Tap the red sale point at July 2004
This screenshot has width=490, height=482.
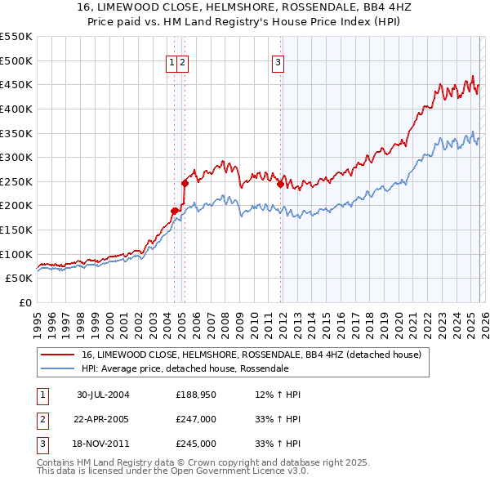174,211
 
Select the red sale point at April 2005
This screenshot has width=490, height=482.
185,183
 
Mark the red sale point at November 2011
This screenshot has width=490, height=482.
280,184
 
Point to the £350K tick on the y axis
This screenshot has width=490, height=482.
16,133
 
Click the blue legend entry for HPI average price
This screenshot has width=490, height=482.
185,368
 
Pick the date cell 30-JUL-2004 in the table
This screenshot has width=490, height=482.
103,395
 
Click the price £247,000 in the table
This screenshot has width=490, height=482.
196,419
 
